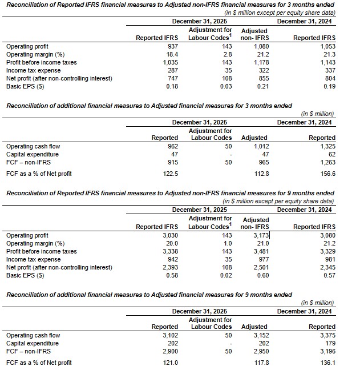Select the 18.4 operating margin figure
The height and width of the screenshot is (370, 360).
coord(172,54)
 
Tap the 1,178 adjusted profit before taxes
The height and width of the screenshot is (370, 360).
coord(260,62)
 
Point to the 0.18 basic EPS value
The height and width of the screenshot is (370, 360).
coord(172,86)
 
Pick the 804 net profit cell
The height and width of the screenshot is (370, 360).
coord(329,78)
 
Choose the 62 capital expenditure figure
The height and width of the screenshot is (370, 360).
coord(330,154)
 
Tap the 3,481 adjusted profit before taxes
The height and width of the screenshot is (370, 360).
coord(260,251)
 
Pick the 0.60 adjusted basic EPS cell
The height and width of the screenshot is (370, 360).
coord(261,275)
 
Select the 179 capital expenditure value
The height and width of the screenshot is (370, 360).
coord(329,343)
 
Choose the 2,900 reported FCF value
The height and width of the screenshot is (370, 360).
coord(169,351)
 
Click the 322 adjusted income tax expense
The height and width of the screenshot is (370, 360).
coord(262,70)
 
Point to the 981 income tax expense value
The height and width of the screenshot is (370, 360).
coord(329,259)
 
